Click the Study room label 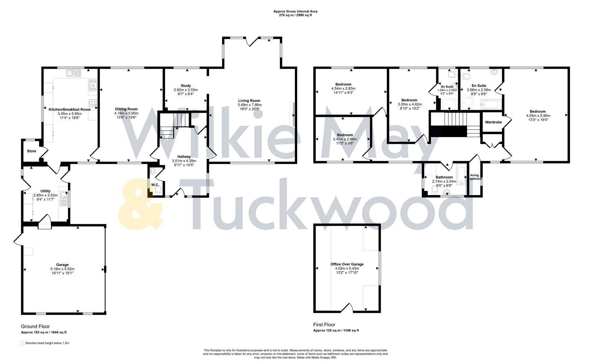186,86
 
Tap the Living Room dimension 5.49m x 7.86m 249,105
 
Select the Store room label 31,151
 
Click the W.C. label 155,185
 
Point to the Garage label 62,265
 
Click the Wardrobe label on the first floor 493,122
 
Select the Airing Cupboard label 475,177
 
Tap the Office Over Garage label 347,264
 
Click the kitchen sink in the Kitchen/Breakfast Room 74,73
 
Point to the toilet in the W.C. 158,191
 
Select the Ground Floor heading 35,326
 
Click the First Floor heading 324,325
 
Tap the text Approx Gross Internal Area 295,11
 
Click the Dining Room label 126,109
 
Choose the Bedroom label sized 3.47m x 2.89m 345,135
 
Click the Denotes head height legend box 22,343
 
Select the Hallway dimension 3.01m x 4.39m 184,161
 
